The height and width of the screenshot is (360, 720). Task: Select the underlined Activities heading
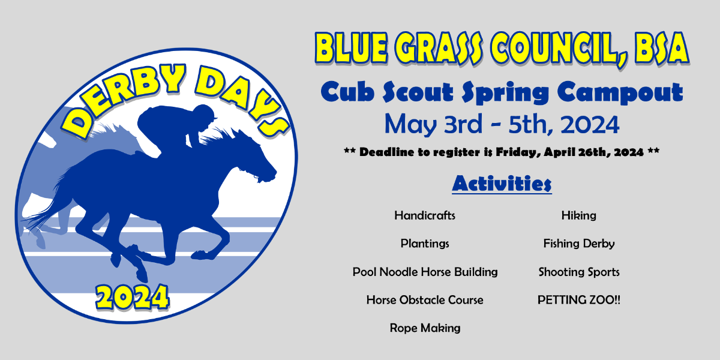(x=502, y=183)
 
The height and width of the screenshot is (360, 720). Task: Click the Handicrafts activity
(x=425, y=215)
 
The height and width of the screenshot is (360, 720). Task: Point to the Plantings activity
(x=425, y=244)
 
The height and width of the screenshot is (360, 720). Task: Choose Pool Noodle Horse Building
(x=425, y=272)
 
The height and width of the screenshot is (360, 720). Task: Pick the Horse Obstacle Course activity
(x=425, y=300)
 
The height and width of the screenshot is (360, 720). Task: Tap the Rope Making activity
(x=425, y=328)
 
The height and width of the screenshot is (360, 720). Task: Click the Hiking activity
(x=578, y=215)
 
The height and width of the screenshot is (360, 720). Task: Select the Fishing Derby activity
(x=578, y=244)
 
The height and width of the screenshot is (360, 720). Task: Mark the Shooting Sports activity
(x=578, y=272)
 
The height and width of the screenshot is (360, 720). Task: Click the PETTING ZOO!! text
(x=578, y=300)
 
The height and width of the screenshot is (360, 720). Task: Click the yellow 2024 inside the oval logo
(x=133, y=296)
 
